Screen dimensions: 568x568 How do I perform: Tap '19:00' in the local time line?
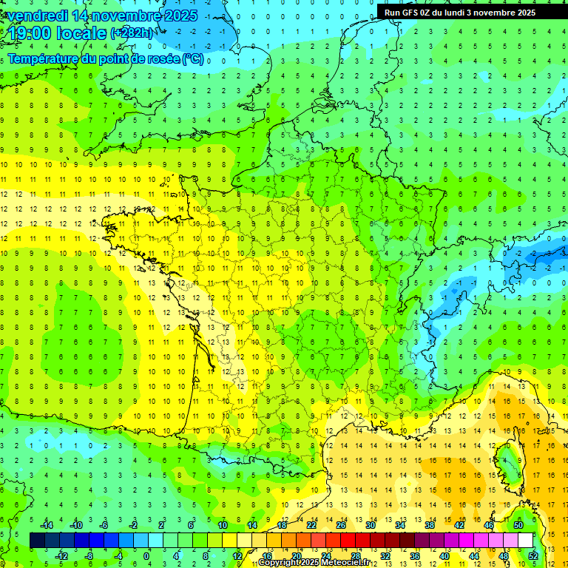(30, 33)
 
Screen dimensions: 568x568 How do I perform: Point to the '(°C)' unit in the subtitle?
(192, 58)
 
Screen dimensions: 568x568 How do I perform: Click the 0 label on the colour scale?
(146, 556)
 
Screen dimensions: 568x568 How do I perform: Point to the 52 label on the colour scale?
(533, 556)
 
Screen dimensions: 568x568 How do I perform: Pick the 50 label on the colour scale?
(518, 525)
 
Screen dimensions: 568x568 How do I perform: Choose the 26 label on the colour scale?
(340, 525)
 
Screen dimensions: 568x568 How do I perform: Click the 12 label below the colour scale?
(237, 556)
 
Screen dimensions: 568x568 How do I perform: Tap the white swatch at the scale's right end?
(525, 541)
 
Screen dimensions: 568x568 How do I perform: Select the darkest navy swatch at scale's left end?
(37, 541)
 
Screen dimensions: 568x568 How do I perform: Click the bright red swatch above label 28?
(348, 541)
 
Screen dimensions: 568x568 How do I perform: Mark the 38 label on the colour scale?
(429, 525)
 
